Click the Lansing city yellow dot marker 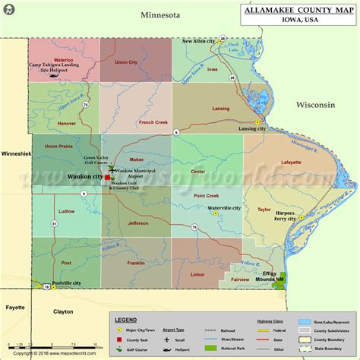tap(257, 122)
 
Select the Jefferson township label tap(138, 223)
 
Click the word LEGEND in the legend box tap(125, 321)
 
